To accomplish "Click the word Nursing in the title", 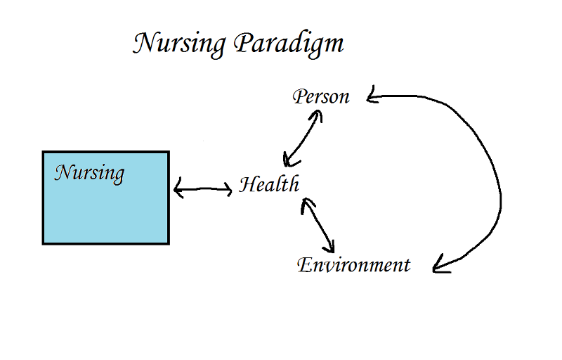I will coord(180,44).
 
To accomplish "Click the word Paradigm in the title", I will coord(288,44).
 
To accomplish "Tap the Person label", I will coord(321,96).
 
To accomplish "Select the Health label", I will coord(269,185).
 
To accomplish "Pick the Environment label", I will coord(353,265).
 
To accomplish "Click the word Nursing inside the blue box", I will coord(89,172).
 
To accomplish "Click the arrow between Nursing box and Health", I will coord(202,188).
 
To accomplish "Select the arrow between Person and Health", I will coord(302,137).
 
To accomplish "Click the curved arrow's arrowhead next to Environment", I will coord(439,265).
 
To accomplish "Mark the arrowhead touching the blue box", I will coord(176,188).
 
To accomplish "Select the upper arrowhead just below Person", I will coord(317,115).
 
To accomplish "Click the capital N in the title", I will coord(143,44).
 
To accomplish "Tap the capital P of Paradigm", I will coord(242,44).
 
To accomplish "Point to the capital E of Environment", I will coord(304,265).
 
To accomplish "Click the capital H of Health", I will coord(247,185).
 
